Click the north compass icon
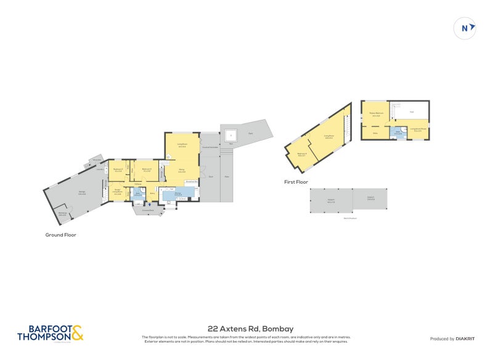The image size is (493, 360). (465, 28)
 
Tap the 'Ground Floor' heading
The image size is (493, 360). (60, 235)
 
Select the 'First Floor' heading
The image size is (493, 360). (296, 182)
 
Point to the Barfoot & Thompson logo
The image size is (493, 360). (50, 333)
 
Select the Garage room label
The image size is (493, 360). (82, 194)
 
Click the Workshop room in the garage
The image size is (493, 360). (62, 214)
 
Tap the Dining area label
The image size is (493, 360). (182, 171)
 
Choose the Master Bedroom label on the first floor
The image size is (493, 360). (377, 114)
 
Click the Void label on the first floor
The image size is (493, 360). (411, 112)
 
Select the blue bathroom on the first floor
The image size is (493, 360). (398, 133)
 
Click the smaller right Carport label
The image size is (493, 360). (370, 198)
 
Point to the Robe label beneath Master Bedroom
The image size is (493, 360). (374, 132)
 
